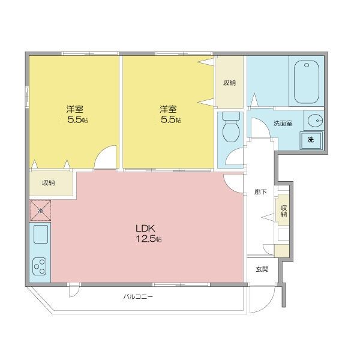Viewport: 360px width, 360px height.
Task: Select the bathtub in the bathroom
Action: (x=306, y=82)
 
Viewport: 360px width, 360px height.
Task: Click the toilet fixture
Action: (x=231, y=127)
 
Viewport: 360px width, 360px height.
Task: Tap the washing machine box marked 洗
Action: (x=311, y=140)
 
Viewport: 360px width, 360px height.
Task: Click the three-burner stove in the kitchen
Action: (x=40, y=266)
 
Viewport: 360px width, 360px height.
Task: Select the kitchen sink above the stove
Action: (x=41, y=234)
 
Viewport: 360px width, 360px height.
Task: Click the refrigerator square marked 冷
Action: (x=40, y=211)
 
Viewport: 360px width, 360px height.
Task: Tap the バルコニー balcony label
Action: (x=138, y=296)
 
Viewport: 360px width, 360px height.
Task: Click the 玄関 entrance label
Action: (x=262, y=269)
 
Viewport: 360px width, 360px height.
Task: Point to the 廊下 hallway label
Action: (x=260, y=192)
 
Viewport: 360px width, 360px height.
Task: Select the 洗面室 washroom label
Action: (x=283, y=123)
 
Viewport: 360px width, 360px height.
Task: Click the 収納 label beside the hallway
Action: (x=284, y=211)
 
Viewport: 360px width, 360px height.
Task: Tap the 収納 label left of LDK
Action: (x=49, y=183)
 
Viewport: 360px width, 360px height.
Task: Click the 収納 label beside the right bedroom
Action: (x=230, y=83)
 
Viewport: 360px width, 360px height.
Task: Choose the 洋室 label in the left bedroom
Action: (x=75, y=109)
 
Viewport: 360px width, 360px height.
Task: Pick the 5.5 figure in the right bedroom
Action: (x=169, y=120)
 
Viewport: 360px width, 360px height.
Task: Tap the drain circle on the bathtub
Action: (x=307, y=65)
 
